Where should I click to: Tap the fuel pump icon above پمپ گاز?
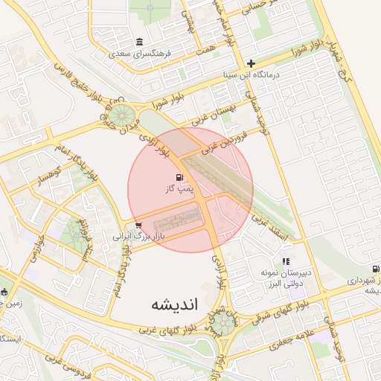pos(179,178)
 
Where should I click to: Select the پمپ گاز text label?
pos(179,190)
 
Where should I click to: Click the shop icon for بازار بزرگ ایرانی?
pos(140,225)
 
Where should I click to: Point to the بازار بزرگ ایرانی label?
pos(137,236)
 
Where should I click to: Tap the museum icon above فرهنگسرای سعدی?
pos(140,42)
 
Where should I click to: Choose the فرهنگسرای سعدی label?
pos(140,54)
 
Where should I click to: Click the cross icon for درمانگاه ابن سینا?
pos(252,64)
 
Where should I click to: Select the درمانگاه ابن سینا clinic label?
pos(252,76)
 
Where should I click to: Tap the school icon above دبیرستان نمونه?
pos(286,261)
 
